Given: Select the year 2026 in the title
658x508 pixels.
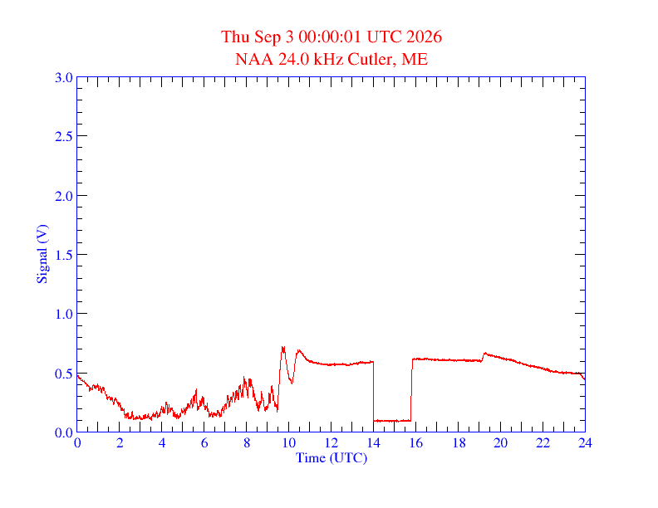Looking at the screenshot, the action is [424, 37].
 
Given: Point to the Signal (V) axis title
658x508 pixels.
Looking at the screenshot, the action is [42, 254].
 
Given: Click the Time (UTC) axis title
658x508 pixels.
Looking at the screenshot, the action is [331, 457].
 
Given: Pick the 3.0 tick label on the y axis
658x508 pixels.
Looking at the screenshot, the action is [63, 77].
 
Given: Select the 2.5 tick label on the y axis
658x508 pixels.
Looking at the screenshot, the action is [63, 136].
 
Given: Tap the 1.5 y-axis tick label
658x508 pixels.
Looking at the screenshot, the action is [63, 255].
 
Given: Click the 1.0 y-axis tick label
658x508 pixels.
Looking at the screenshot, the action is [63, 314].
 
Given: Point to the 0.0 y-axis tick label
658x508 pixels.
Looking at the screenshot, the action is [63, 432].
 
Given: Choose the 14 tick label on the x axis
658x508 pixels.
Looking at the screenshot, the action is [374, 442].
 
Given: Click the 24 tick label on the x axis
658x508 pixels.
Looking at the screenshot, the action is [585, 442].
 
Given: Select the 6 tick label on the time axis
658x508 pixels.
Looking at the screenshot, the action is [204, 442].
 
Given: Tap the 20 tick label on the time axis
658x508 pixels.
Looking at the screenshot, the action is [500, 442].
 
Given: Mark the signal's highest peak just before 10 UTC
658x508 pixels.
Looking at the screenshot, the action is [282, 347].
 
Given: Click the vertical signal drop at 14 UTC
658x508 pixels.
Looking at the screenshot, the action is [374, 391].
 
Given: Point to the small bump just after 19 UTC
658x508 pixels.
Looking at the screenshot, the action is [485, 354].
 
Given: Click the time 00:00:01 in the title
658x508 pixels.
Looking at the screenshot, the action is [330, 37].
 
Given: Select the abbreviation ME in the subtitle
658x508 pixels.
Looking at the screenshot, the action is [415, 59].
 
